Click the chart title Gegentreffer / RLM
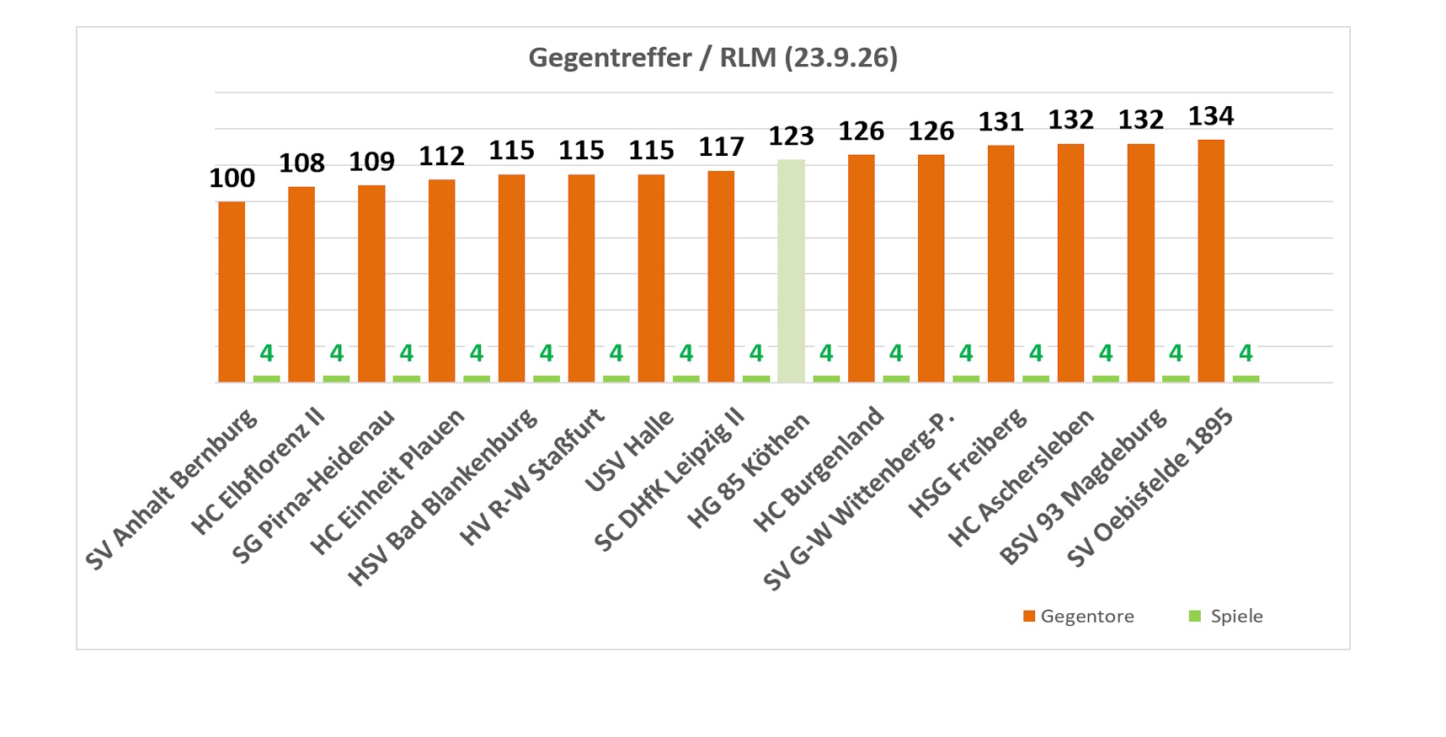click(x=712, y=57)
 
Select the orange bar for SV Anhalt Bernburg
click(x=232, y=291)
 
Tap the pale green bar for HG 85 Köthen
click(x=791, y=270)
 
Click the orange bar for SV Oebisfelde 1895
click(x=1211, y=261)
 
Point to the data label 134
click(x=1211, y=115)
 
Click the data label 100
click(x=232, y=178)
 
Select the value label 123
click(x=791, y=136)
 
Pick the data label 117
click(x=721, y=147)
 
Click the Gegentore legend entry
click(x=1078, y=616)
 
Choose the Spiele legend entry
click(x=1225, y=616)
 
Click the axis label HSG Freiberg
click(x=968, y=464)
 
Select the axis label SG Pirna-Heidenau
click(x=313, y=487)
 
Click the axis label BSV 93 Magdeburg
click(x=1083, y=487)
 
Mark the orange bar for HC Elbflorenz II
click(x=301, y=285)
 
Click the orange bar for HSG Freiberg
click(x=1001, y=264)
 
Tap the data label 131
click(x=1001, y=122)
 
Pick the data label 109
click(x=371, y=161)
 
